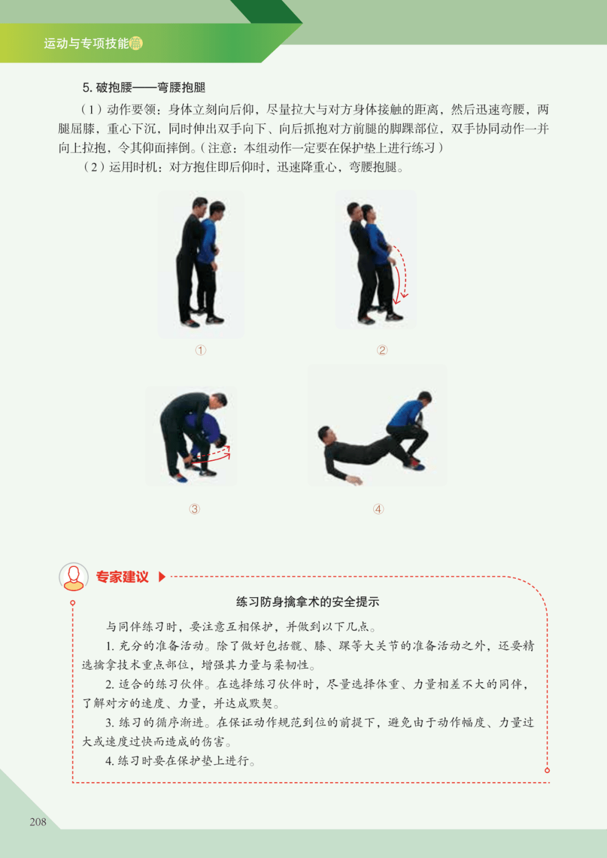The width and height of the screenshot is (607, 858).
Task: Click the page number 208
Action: click(38, 821)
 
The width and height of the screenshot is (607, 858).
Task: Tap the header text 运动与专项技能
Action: click(86, 43)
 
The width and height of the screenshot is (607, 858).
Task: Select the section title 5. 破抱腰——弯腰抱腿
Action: click(144, 88)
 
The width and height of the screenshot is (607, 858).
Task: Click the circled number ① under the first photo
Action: click(201, 350)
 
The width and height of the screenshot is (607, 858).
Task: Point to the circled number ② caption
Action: click(382, 350)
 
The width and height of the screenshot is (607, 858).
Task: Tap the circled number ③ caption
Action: click(194, 509)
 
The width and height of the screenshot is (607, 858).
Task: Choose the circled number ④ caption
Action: click(378, 509)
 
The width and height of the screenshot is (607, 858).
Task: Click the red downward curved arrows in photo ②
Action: click(400, 274)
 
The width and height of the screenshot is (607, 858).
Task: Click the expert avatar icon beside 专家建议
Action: click(74, 576)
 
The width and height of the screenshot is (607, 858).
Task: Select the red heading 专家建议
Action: click(123, 577)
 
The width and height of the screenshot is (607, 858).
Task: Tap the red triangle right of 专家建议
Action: click(162, 577)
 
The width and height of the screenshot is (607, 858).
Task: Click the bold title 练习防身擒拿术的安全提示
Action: click(308, 602)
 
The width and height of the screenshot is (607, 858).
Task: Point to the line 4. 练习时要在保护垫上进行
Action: click(180, 761)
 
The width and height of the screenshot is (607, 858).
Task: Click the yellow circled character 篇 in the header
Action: click(136, 43)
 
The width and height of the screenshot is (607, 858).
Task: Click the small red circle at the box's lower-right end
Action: click(547, 770)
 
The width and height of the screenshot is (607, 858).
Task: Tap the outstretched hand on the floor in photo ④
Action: click(355, 479)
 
